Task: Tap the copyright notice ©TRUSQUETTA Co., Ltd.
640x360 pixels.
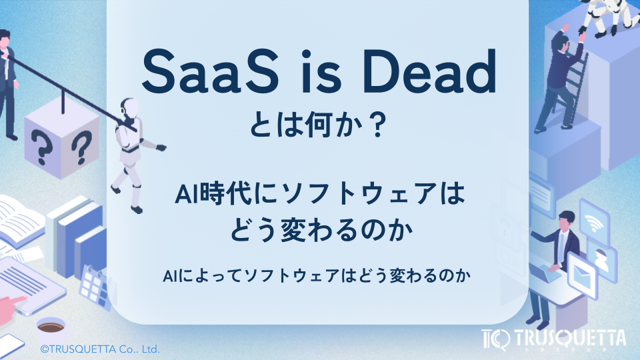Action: [100, 348]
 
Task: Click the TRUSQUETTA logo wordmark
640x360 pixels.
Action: [570, 337]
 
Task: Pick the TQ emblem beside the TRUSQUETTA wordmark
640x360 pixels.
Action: [495, 339]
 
